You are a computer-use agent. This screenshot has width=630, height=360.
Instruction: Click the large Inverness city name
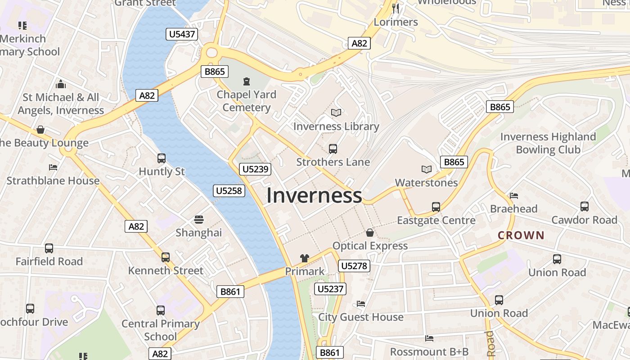click(314, 196)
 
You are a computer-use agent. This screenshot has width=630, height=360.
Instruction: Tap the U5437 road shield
click(182, 34)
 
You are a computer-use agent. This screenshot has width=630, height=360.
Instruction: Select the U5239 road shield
click(255, 169)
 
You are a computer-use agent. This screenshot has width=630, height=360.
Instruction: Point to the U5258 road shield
click(229, 191)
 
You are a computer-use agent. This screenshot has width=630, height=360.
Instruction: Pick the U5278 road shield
click(354, 266)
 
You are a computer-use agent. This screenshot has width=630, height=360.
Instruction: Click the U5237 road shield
click(331, 289)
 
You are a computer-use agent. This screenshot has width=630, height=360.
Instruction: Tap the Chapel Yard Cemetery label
click(247, 101)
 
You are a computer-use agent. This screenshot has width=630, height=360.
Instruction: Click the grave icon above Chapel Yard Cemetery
click(247, 81)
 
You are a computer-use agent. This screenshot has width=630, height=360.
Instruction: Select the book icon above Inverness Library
click(336, 112)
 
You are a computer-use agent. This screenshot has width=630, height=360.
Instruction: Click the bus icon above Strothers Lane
click(333, 148)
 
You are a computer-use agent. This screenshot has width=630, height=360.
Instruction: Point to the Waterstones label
click(426, 183)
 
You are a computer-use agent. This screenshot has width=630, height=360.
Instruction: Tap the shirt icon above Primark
click(305, 258)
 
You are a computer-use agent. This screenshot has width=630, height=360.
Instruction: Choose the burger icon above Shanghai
click(199, 220)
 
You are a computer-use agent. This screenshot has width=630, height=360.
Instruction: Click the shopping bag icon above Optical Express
click(370, 233)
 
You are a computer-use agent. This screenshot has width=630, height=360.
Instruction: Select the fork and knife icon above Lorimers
click(396, 8)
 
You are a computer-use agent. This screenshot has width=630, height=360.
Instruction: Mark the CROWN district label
click(521, 235)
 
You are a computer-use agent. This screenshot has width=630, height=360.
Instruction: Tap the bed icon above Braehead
click(514, 196)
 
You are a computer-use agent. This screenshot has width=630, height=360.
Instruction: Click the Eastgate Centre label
click(436, 220)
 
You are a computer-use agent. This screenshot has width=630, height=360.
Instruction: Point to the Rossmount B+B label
click(429, 351)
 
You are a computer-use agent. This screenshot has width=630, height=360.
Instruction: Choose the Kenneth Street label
click(166, 270)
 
